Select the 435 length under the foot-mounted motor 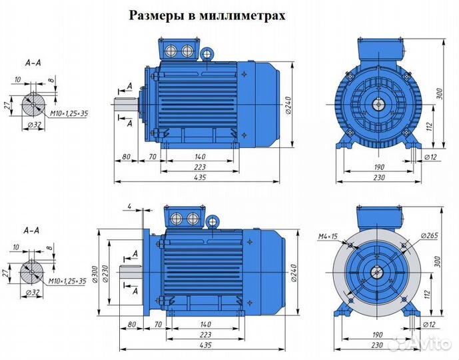click(x=199, y=177)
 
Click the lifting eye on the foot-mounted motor click(x=207, y=52)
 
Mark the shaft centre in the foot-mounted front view click(x=378, y=104)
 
